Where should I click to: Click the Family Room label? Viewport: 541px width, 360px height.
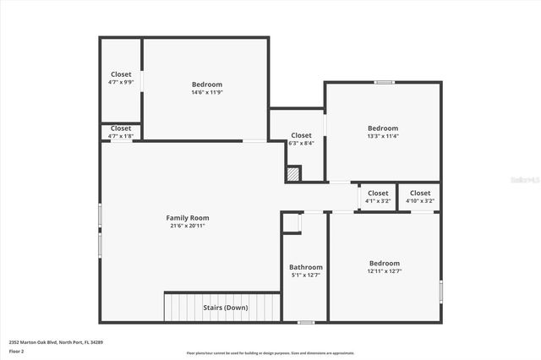coord(187,218)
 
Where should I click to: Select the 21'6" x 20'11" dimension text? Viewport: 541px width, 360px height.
coord(187,226)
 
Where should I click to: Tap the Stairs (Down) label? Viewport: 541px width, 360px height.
coord(226,308)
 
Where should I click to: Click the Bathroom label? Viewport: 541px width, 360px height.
coord(305,267)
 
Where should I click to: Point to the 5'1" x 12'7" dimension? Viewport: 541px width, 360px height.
coord(305,275)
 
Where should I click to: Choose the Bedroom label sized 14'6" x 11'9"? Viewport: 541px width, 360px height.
coord(207,84)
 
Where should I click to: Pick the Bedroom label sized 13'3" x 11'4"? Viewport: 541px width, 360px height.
coord(382,128)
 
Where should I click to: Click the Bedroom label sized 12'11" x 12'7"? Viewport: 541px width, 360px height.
coord(384,263)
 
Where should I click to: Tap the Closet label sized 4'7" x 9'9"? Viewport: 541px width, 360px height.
coord(121,74)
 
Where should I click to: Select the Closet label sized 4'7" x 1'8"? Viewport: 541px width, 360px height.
coord(121,128)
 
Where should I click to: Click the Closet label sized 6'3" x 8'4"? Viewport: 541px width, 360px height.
coord(301,135)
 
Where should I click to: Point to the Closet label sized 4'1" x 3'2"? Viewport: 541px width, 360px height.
coord(378,194)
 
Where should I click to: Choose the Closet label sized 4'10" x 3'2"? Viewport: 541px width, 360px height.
coord(420,194)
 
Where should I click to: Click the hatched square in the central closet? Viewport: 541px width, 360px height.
coord(293,173)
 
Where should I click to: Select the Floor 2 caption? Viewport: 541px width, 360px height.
coord(16,351)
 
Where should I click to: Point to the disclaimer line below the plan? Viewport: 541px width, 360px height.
coord(270,353)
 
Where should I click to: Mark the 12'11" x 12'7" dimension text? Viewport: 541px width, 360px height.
coord(384,271)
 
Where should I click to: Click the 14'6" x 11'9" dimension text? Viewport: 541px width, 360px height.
coord(207,92)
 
